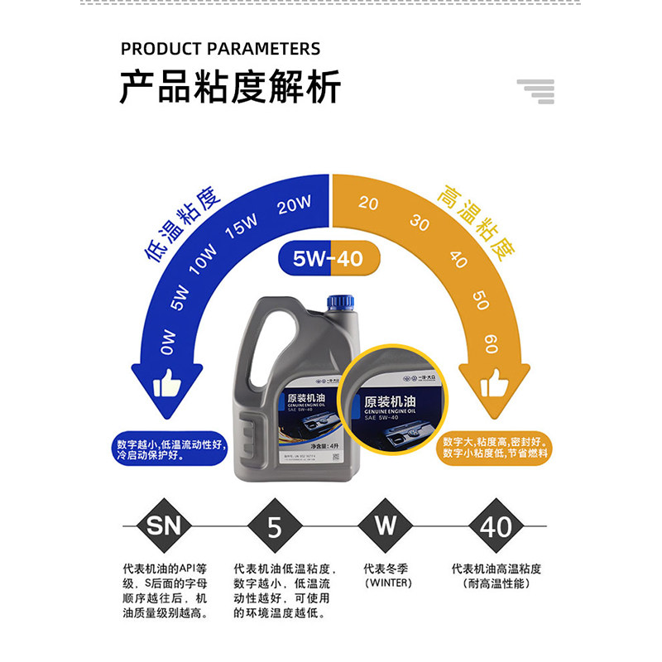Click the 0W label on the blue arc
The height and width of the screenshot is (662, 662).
(x=169, y=342)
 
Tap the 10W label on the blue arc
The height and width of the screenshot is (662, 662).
(x=202, y=259)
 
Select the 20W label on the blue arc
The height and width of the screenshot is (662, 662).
(x=294, y=204)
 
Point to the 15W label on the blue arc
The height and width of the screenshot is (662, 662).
(x=242, y=226)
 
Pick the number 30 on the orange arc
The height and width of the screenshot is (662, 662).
(x=420, y=223)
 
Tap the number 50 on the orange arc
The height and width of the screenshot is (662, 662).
(x=481, y=299)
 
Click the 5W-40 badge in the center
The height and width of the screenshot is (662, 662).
(x=329, y=259)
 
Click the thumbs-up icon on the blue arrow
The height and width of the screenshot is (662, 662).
(x=167, y=383)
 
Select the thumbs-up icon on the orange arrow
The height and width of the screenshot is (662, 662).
(x=494, y=383)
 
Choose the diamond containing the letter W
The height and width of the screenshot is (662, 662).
(x=386, y=525)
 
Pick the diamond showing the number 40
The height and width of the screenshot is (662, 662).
(x=496, y=525)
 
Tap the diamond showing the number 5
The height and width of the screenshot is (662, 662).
(x=275, y=525)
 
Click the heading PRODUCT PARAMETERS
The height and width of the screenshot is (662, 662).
(x=220, y=49)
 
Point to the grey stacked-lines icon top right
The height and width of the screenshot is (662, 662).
(x=535, y=91)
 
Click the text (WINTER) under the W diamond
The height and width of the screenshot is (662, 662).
(x=386, y=583)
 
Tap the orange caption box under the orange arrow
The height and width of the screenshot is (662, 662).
(x=495, y=447)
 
